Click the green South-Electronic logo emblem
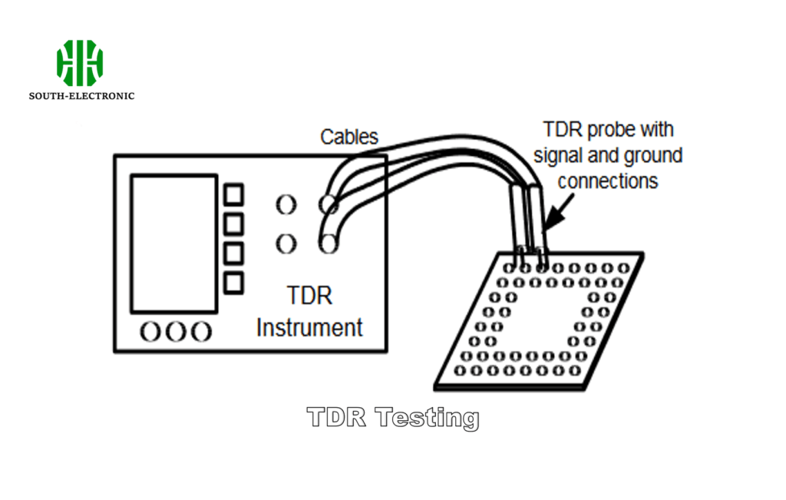[x=79, y=62]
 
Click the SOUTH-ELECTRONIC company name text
[x=81, y=96]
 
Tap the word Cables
[x=349, y=137]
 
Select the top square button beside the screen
[x=233, y=194]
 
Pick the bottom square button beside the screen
[x=233, y=282]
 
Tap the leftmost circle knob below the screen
[x=150, y=331]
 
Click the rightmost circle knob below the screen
[x=200, y=331]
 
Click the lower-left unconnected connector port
[x=285, y=244]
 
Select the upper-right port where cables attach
[x=329, y=204]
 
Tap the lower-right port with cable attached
[x=329, y=244]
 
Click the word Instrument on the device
[x=309, y=327]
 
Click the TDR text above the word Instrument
[x=309, y=296]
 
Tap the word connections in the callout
[x=608, y=181]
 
